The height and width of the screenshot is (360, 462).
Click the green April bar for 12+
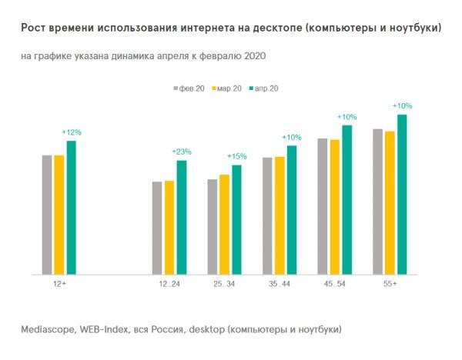tap(72, 207)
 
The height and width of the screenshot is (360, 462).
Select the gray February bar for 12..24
tap(157, 227)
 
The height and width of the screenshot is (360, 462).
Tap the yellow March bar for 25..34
tap(224, 224)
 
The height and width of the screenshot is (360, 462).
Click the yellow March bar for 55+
tap(390, 202)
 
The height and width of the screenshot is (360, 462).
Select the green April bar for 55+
tap(401, 194)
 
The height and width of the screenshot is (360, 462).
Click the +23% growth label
tap(182, 152)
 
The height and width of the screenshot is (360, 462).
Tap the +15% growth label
tap(236, 157)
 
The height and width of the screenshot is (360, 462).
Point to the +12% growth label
tap(72, 132)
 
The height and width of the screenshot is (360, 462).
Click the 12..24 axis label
tap(169, 285)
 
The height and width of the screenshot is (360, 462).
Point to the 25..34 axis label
tap(224, 285)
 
